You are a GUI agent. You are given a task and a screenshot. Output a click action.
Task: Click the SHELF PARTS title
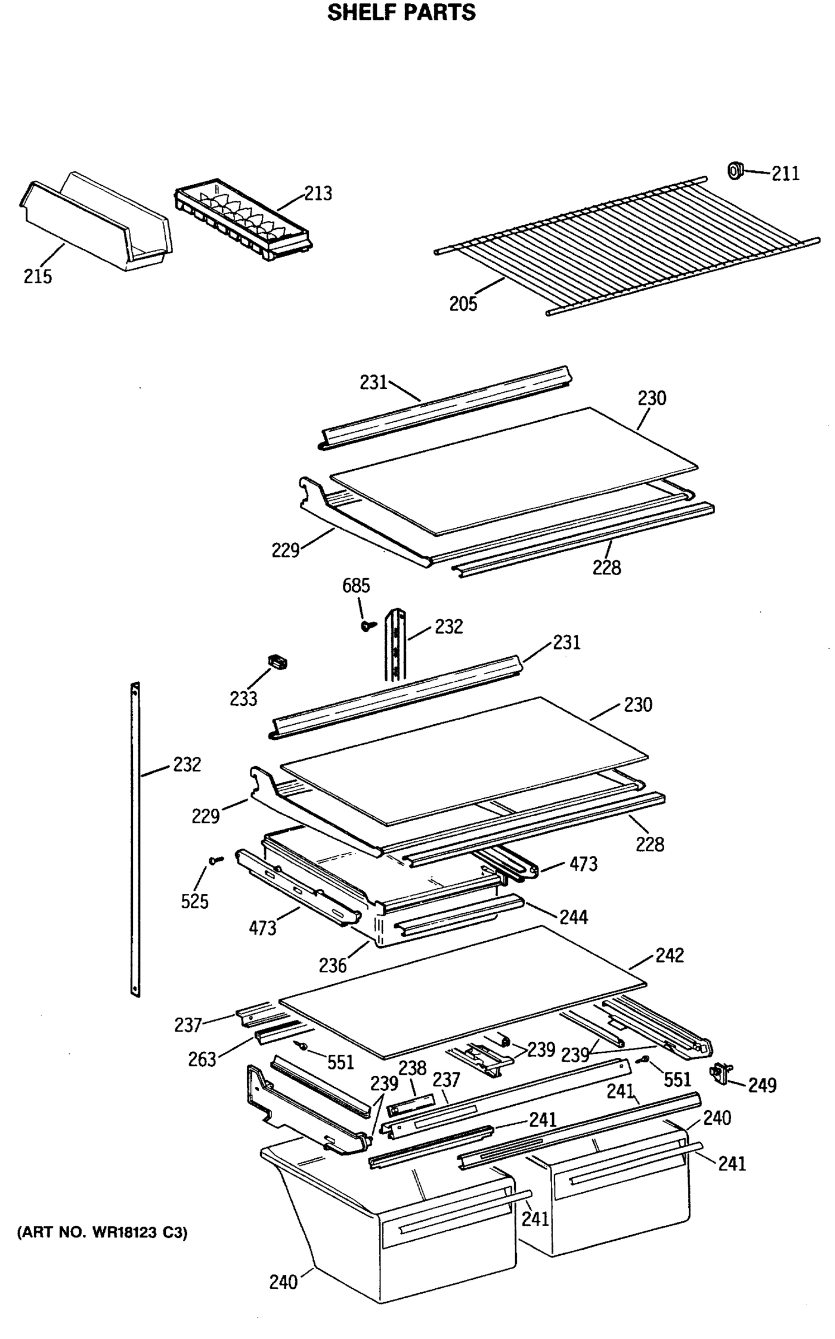click(x=401, y=12)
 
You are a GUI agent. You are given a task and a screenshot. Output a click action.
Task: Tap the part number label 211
click(x=785, y=174)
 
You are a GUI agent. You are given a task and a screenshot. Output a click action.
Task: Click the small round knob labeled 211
click(x=735, y=170)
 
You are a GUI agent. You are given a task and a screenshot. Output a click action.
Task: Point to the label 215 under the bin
click(x=37, y=276)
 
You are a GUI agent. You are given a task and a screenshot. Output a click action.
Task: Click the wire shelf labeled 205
click(x=625, y=245)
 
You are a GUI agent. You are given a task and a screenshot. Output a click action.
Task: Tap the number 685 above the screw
click(x=356, y=586)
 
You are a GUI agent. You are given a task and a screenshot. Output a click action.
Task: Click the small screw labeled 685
click(x=367, y=626)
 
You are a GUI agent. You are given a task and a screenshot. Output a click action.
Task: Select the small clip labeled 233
click(x=278, y=662)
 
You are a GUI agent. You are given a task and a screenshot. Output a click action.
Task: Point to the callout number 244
click(x=573, y=917)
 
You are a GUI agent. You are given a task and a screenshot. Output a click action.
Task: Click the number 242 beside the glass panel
click(x=669, y=956)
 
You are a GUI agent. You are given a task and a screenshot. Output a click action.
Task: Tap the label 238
click(x=412, y=1068)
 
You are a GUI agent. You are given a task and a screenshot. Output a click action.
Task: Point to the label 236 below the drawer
click(x=333, y=965)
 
